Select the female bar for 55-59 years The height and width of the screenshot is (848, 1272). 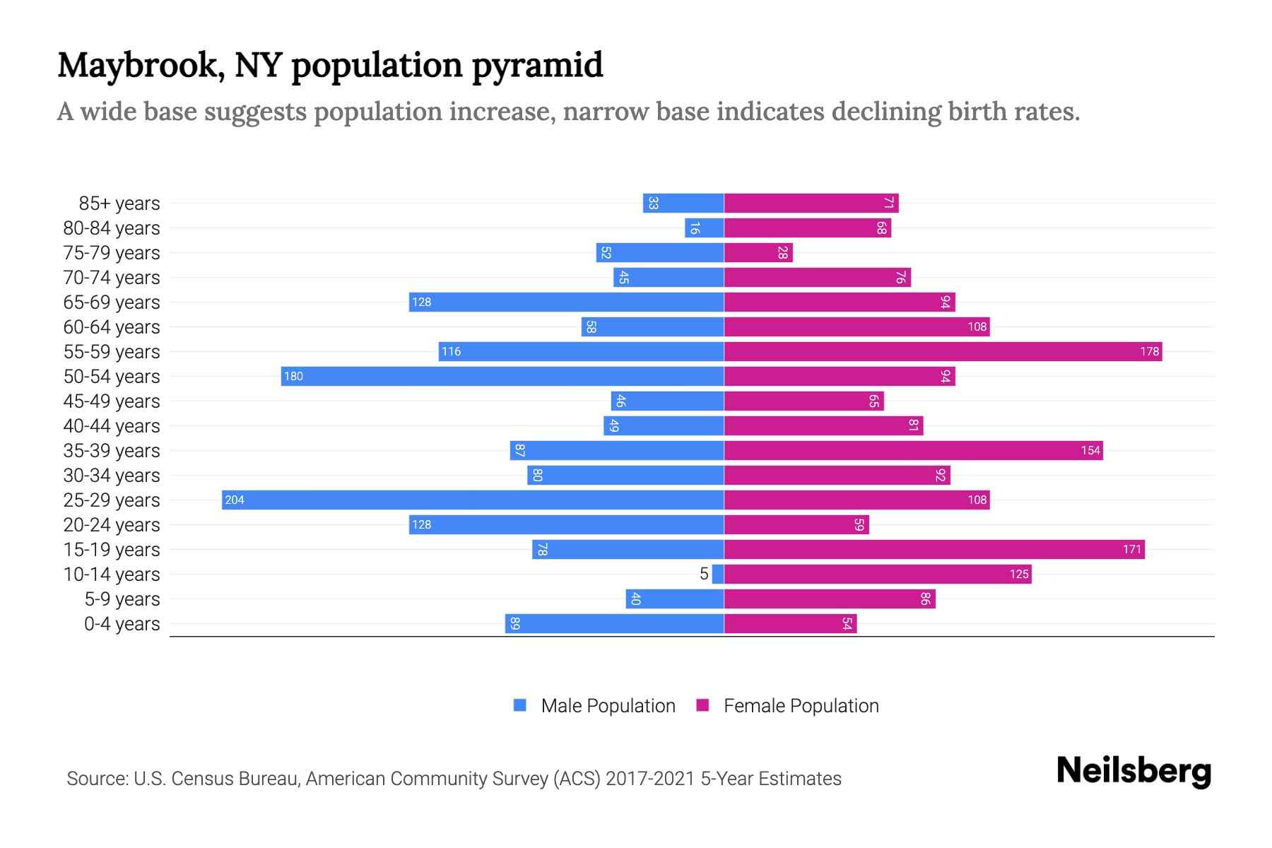(x=943, y=351)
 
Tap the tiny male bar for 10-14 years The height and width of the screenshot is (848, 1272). (x=718, y=574)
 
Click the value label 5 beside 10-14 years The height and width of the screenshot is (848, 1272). (x=704, y=574)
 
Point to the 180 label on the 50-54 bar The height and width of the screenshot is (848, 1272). (x=293, y=377)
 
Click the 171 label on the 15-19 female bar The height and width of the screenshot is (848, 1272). (x=1131, y=549)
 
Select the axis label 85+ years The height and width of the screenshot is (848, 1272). (x=119, y=204)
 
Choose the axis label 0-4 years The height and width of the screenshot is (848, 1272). (x=122, y=624)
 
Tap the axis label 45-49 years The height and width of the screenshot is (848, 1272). (x=112, y=401)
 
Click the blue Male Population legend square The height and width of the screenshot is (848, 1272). (x=520, y=705)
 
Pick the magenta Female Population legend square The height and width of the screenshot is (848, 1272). (x=702, y=705)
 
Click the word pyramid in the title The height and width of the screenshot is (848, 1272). (x=537, y=65)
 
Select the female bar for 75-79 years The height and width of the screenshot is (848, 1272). (x=758, y=252)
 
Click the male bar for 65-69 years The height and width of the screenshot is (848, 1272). (x=566, y=302)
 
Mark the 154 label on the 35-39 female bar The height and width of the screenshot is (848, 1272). (x=1090, y=450)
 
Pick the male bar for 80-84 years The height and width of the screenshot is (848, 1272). (x=705, y=228)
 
